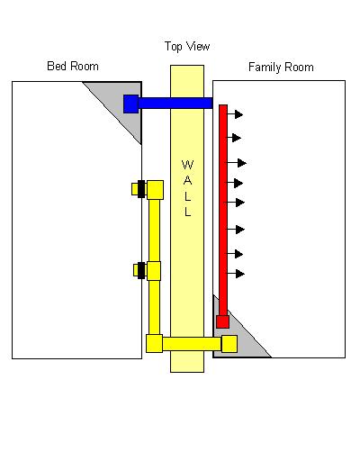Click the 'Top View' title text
(187, 47)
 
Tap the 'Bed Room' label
(73, 66)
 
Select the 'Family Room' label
(281, 67)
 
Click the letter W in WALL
(187, 165)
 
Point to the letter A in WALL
(187, 180)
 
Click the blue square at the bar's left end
(131, 104)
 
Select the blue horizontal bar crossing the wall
(175, 104)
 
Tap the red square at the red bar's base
(223, 321)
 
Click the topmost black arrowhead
(238, 114)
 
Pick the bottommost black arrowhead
(240, 274)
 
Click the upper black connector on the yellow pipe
(141, 189)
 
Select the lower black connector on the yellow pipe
(141, 270)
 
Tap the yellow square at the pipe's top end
(155, 190)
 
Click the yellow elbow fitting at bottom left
(154, 343)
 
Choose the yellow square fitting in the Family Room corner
(229, 344)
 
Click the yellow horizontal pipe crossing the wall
(192, 344)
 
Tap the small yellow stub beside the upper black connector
(135, 189)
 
